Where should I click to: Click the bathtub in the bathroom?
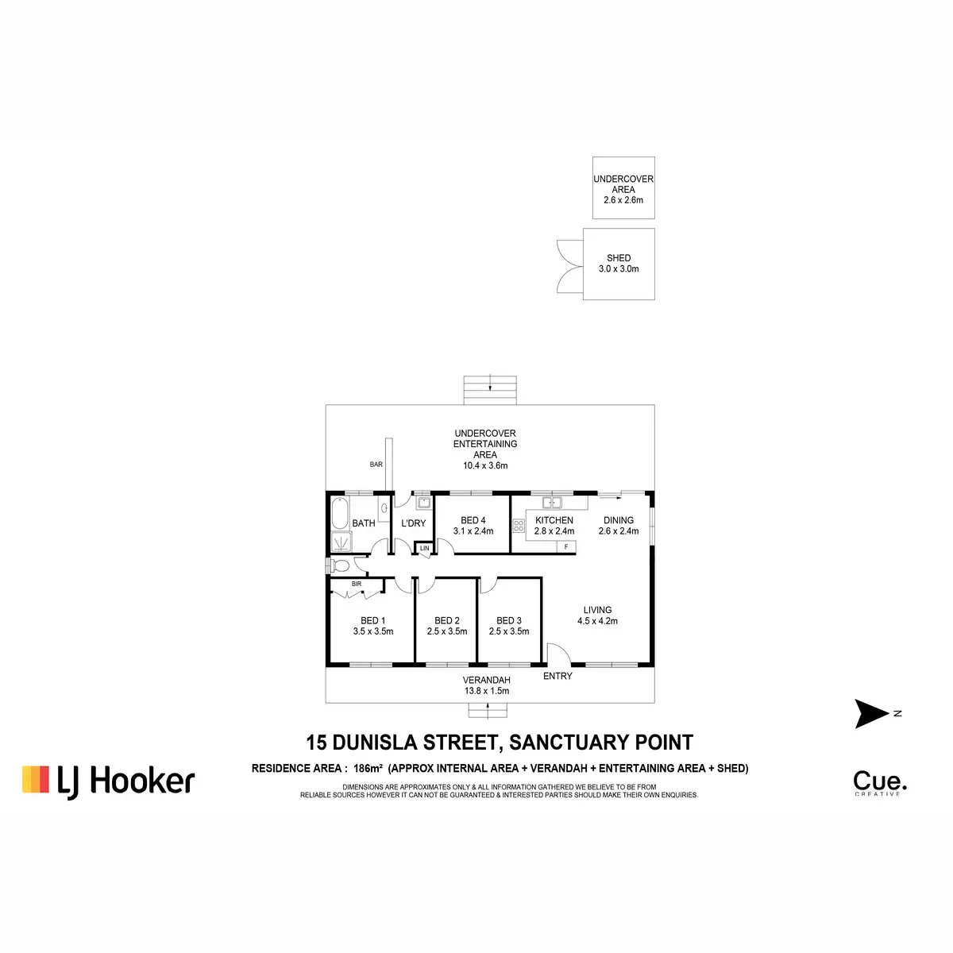point(340,513)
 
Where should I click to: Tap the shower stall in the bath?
point(341,542)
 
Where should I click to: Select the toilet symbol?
point(338,565)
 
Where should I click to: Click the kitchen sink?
point(551,503)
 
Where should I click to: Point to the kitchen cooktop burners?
point(519,525)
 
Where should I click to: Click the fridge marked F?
point(566,546)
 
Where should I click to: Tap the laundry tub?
point(424,503)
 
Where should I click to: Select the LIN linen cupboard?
point(425,548)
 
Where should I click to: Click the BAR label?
point(376,465)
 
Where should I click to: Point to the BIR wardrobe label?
point(357,584)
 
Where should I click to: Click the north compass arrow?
point(871,714)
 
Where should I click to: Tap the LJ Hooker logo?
point(108,782)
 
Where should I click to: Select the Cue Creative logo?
point(880,784)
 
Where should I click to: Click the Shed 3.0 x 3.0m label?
point(619,264)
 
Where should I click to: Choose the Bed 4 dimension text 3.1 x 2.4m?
point(473,531)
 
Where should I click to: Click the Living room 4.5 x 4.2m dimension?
point(597,621)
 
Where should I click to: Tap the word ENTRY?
point(558,676)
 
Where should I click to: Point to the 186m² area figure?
point(368,768)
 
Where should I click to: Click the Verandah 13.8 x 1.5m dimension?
point(487,691)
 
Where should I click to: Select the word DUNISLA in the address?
point(376,743)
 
